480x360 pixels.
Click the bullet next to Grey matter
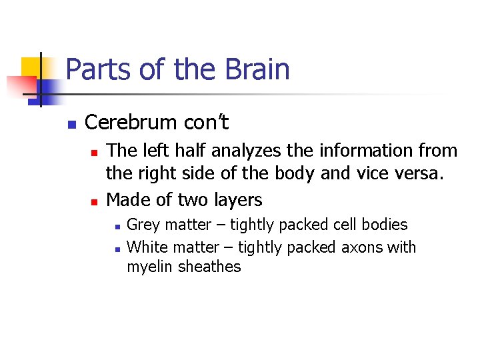point(116,227)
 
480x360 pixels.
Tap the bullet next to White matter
point(116,249)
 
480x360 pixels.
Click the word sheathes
point(209,267)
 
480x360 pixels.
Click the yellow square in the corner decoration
point(31,67)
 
